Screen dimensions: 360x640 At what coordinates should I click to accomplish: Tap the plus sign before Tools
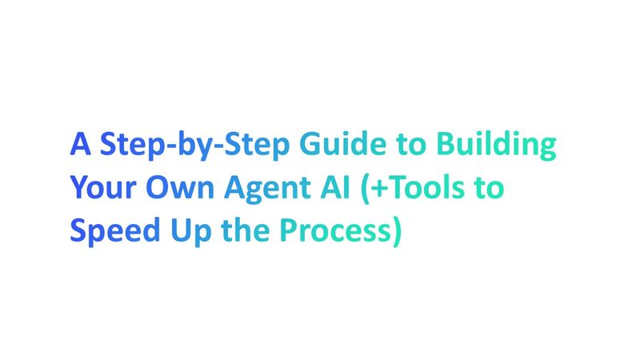[x=374, y=190]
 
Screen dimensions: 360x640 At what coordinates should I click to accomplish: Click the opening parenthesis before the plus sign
[x=359, y=190]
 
